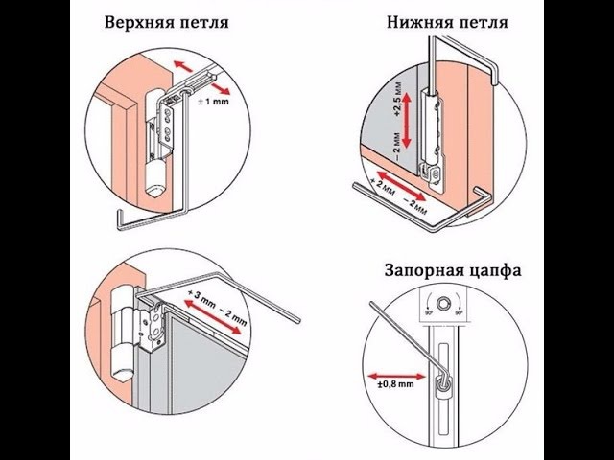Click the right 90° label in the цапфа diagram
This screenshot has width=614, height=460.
tap(460, 311)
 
